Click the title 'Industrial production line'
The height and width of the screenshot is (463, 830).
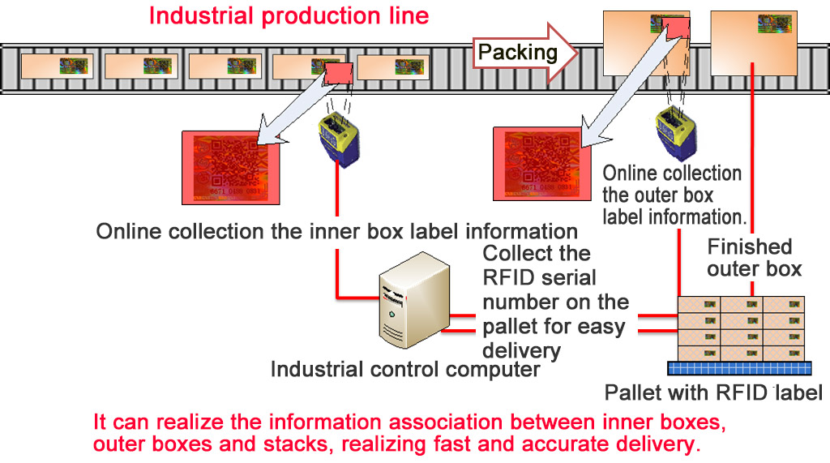coord(289,15)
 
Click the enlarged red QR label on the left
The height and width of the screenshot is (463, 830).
coord(232,167)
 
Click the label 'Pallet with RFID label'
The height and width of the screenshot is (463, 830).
coord(713,394)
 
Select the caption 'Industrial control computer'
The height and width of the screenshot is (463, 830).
coord(404,370)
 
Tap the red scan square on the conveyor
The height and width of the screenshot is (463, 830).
coord(336,75)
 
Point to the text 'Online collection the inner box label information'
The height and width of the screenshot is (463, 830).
coord(336,230)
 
